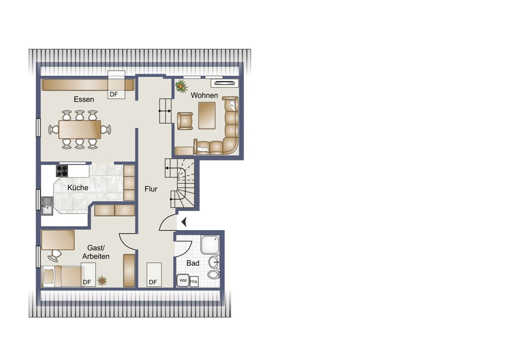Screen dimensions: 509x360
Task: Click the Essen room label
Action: pos(84,99)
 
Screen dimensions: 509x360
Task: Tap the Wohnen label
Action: pos(204,95)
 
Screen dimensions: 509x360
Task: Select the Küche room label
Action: pos(78,188)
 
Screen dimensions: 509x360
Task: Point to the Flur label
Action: pos(151,189)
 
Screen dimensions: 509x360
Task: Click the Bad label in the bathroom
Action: pos(193,263)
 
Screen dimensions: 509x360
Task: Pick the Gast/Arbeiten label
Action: pos(96,252)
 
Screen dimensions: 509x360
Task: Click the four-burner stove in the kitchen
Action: pos(62,171)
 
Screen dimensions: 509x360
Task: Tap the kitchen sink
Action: pos(47,206)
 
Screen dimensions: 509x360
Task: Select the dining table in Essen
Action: pos(80,129)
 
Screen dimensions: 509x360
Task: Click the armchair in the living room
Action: pos(185,121)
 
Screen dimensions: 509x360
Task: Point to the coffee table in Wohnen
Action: pos(207,115)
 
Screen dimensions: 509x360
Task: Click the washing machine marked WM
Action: pos(183,281)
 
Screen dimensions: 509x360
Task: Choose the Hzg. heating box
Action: pos(194,281)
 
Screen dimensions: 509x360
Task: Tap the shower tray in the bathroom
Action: pos(210,245)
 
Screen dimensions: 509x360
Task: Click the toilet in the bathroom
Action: pos(214,275)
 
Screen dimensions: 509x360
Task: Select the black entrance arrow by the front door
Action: pos(184,222)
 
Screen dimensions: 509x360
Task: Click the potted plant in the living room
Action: pos(182,86)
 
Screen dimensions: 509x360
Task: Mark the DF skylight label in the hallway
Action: pos(153,282)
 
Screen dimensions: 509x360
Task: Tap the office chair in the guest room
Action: pos(55,256)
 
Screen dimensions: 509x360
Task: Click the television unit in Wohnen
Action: pos(225,83)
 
